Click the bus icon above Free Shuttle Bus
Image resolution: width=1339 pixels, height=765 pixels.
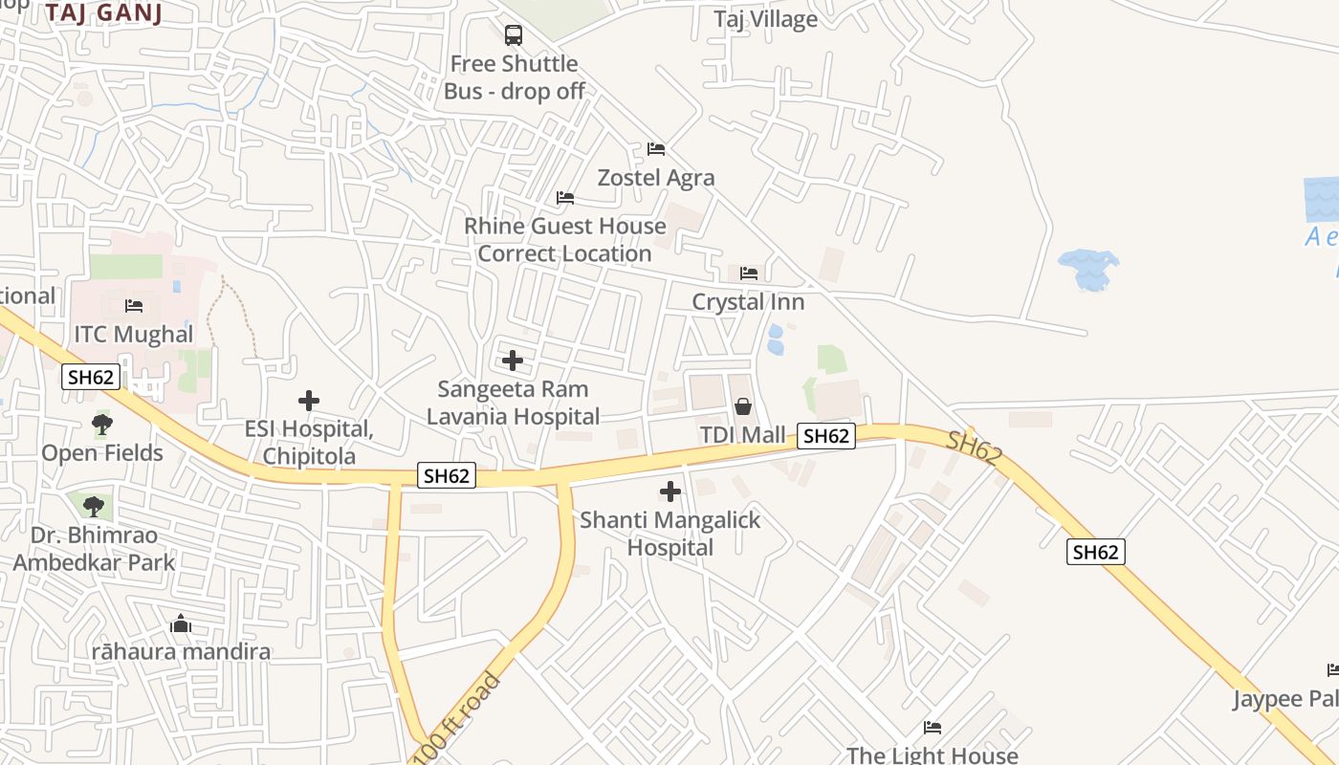click(x=514, y=36)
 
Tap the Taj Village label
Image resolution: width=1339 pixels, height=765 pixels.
click(x=765, y=19)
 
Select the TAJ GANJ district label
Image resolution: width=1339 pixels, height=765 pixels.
click(x=103, y=12)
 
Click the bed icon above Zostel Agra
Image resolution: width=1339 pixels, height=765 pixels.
click(x=656, y=149)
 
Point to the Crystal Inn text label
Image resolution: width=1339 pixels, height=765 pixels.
click(x=748, y=302)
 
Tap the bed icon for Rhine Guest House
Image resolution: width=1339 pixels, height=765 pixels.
click(x=565, y=198)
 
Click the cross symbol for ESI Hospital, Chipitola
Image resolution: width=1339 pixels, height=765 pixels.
click(x=308, y=401)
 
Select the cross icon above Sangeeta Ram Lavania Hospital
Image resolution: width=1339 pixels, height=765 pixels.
click(x=513, y=361)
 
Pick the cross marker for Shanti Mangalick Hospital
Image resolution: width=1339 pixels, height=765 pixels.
click(x=670, y=492)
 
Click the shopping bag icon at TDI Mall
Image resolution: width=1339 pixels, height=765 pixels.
click(x=743, y=407)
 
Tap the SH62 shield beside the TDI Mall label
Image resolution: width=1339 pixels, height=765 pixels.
click(x=825, y=436)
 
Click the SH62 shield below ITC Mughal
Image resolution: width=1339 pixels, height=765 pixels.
click(x=92, y=377)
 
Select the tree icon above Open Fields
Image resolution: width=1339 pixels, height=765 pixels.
click(x=102, y=424)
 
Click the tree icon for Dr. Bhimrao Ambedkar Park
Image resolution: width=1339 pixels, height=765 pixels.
click(x=93, y=506)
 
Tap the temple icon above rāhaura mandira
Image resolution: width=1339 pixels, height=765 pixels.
click(x=181, y=624)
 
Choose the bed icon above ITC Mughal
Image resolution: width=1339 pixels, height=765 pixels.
click(x=134, y=306)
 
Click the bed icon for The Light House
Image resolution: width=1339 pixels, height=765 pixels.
click(x=933, y=728)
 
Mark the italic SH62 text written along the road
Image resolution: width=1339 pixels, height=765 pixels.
click(x=974, y=448)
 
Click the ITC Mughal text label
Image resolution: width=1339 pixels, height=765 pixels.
click(x=134, y=335)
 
